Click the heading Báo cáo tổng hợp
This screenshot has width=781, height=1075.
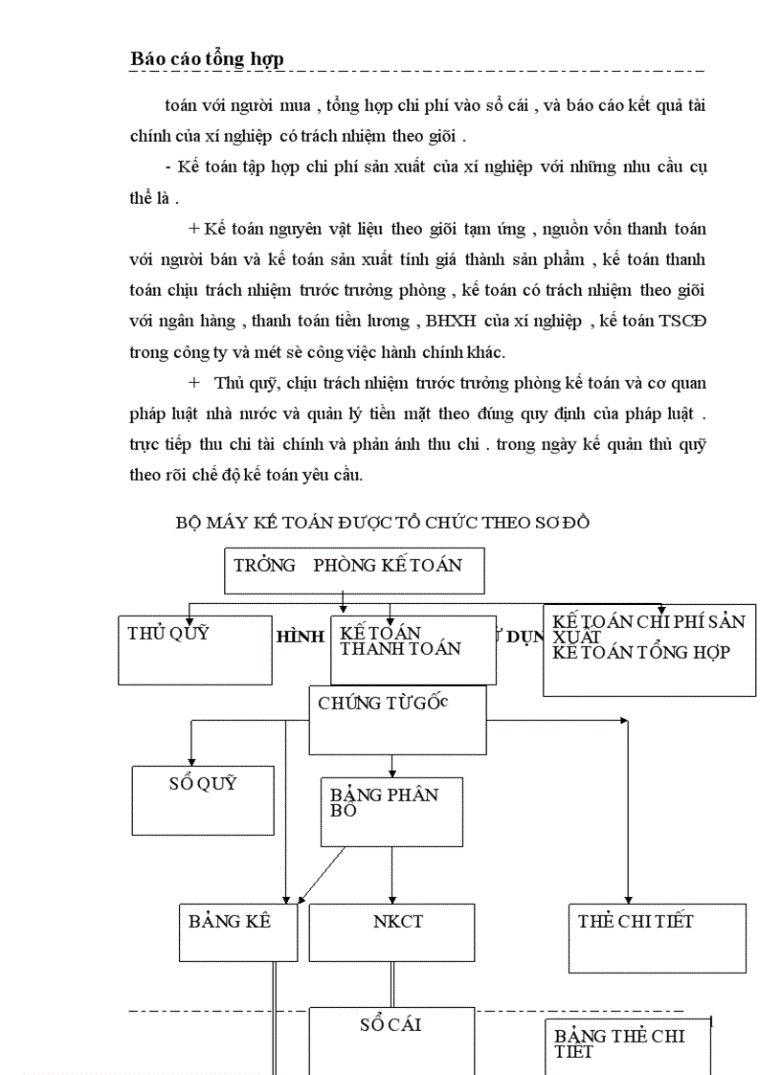coord(207,59)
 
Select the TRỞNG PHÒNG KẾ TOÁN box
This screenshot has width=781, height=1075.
coord(354,571)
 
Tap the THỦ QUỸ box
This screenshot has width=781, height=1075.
coord(195,649)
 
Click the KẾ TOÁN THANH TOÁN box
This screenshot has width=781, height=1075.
coord(413,650)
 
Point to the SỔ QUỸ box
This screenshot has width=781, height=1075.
coord(203,800)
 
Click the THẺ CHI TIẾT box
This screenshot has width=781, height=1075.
coord(657,937)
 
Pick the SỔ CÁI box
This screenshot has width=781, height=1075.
coord(391,1039)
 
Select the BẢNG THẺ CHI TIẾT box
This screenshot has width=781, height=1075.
coord(628,1047)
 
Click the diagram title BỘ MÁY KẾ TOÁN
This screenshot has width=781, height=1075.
coord(382,523)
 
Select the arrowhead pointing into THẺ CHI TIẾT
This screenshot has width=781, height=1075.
coord(627,897)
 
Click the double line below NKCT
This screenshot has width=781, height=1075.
coord(391,984)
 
